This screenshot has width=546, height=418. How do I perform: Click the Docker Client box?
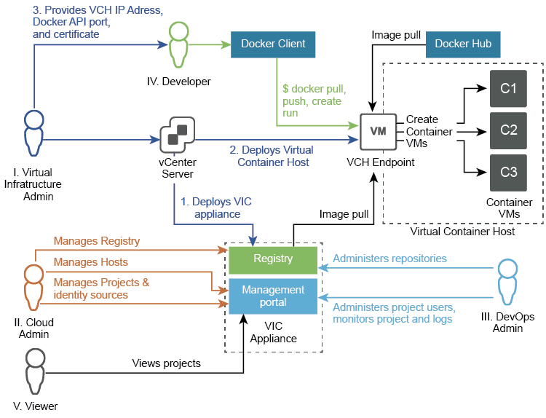[x=273, y=44]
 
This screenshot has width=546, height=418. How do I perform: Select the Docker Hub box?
[x=463, y=44]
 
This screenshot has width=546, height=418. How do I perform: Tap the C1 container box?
[x=508, y=88]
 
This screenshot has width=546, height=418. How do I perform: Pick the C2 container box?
[x=508, y=130]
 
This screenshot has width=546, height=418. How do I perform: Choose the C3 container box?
[x=508, y=173]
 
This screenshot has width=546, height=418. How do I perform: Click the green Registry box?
[x=273, y=260]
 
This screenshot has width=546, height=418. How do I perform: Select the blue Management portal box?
[x=273, y=296]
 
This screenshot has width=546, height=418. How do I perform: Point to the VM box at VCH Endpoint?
[x=378, y=132]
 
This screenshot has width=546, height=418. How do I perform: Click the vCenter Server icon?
[x=177, y=135]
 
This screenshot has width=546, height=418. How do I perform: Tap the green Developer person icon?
[x=178, y=44]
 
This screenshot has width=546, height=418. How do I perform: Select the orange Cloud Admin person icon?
[x=33, y=288]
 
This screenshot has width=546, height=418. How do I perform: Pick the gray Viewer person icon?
[x=35, y=371]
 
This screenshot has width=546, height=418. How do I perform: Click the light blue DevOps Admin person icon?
[x=507, y=282]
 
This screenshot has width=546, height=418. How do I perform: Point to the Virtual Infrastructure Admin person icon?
[x=33, y=133]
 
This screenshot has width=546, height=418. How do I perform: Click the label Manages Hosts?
[x=90, y=262]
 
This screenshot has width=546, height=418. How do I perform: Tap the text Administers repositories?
[x=389, y=259]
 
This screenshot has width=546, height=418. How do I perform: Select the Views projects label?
[x=167, y=363]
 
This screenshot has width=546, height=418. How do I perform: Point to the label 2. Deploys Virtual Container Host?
[x=272, y=156]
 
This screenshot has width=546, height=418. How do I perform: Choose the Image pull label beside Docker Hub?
[x=396, y=35]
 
